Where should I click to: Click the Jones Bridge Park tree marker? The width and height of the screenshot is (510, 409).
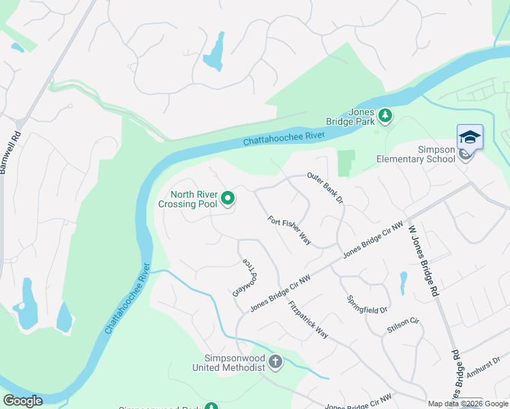click(385, 116)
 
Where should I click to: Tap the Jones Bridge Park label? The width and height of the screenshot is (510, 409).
click(361, 117)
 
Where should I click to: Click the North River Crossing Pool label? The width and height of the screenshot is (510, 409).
click(188, 198)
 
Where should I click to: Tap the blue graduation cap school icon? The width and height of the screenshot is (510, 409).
click(469, 138)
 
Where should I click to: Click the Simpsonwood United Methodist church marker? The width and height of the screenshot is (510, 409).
click(275, 361)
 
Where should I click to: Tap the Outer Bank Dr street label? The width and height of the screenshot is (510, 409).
click(324, 187)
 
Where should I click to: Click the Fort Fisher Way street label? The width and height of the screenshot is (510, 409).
click(290, 231)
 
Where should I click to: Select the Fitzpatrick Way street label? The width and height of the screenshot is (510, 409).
click(307, 320)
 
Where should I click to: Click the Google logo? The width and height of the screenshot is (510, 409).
click(22, 400)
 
